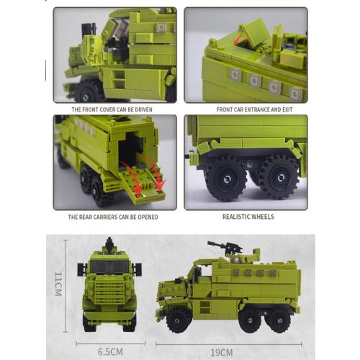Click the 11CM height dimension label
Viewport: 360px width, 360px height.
click(x=58, y=284)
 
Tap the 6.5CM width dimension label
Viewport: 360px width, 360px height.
click(x=110, y=352)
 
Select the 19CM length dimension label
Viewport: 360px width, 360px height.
click(x=222, y=353)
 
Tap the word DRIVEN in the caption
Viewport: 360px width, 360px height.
click(x=143, y=109)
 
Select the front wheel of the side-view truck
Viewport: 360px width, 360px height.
click(x=178, y=320)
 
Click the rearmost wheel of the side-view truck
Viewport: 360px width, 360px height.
click(x=279, y=320)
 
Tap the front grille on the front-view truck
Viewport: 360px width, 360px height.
click(x=109, y=292)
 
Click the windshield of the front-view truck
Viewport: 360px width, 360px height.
click(x=109, y=266)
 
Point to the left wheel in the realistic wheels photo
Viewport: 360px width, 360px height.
click(x=226, y=179)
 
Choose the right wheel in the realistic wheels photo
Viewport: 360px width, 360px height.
click(x=280, y=178)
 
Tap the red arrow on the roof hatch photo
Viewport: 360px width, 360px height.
click(x=240, y=40)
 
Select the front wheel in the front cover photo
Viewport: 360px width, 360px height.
click(x=87, y=93)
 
